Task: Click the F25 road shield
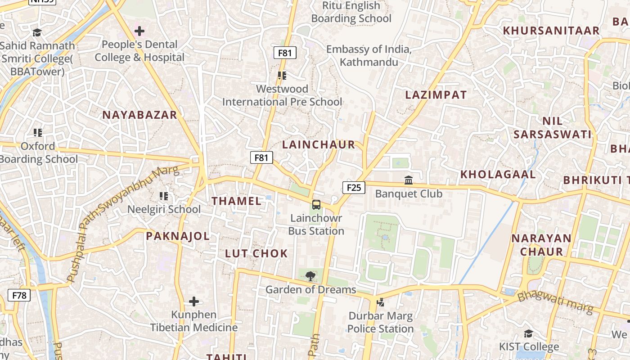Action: (x=354, y=188)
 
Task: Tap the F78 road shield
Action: (x=19, y=296)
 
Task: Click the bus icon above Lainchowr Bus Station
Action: (x=316, y=205)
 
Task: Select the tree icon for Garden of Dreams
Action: (x=310, y=276)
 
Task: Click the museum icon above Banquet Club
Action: (x=409, y=180)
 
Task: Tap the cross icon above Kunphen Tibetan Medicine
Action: (x=194, y=301)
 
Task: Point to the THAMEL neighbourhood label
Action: (x=237, y=201)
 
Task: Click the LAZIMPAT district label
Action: (x=436, y=95)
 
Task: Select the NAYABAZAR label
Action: (x=139, y=115)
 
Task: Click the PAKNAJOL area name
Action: (x=178, y=236)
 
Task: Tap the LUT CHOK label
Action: (x=256, y=253)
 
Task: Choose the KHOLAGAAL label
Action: (x=498, y=175)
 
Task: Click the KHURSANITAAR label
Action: (x=551, y=31)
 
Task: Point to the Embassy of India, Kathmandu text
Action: (x=369, y=55)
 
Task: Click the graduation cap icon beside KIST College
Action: (x=528, y=333)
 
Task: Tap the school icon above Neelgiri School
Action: (x=164, y=196)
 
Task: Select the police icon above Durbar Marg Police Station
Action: (x=380, y=302)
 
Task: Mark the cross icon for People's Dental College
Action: (x=139, y=31)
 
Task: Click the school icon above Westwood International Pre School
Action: (x=282, y=76)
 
